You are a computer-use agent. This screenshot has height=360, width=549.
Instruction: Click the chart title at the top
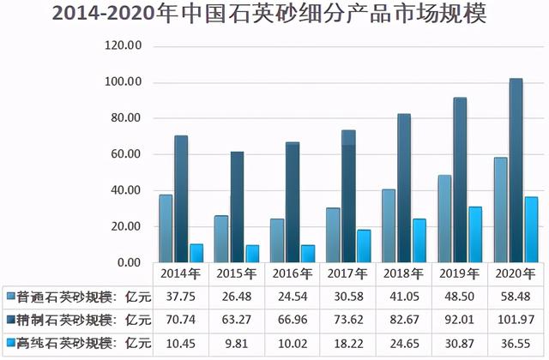point(274,15)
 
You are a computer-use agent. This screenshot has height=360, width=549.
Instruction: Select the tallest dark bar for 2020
point(516,171)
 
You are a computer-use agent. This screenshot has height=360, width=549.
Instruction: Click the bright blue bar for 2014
point(196,253)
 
